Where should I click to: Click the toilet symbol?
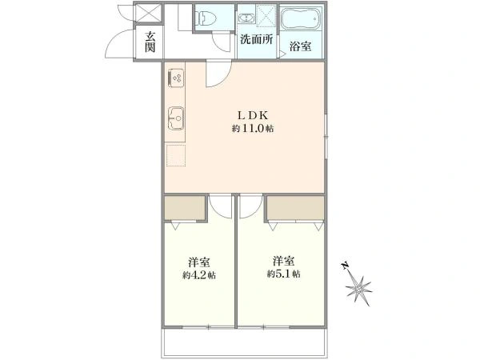[x=207, y=18]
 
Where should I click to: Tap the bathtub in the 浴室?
[x=301, y=18]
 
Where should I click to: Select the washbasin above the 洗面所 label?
[x=246, y=18]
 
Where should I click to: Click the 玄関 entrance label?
[x=150, y=42]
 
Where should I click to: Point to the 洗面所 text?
[x=256, y=39]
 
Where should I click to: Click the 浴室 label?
[x=301, y=46]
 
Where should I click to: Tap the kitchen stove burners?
[x=176, y=78]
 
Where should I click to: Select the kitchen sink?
[x=176, y=118]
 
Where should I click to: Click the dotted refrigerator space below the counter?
[x=176, y=155]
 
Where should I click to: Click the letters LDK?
[x=253, y=115]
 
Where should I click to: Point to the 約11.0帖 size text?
[x=252, y=129]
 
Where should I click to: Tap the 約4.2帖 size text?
[x=199, y=275]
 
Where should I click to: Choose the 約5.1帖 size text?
[x=283, y=274]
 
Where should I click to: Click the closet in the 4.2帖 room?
[x=185, y=208]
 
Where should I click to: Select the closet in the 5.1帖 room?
[x=295, y=208]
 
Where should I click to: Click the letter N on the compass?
[x=346, y=266]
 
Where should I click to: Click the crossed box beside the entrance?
[x=148, y=13]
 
